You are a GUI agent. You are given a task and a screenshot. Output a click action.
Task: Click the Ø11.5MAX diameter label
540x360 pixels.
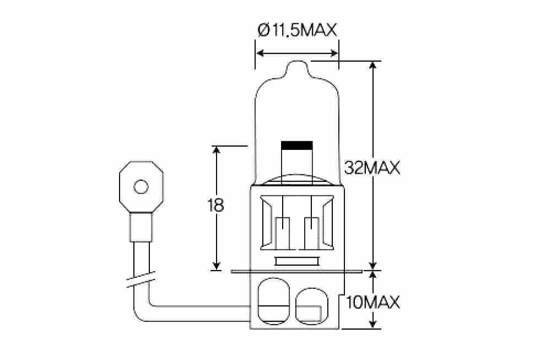296,30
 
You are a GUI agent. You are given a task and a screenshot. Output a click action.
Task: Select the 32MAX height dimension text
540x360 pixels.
371,168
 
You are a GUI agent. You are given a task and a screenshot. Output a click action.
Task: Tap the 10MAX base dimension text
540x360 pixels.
373,302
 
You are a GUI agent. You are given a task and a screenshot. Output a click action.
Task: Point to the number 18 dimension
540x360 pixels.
216,206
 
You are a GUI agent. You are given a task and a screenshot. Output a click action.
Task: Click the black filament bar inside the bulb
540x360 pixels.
296,146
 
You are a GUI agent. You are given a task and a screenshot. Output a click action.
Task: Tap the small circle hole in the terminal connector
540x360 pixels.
141,187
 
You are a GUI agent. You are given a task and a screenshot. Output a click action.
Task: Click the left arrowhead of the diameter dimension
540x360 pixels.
260,53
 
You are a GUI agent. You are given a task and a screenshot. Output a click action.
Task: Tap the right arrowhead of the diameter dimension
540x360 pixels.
334,53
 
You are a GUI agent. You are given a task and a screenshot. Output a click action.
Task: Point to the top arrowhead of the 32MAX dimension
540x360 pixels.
374,65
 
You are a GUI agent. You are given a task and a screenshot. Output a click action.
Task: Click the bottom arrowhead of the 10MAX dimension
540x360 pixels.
374,325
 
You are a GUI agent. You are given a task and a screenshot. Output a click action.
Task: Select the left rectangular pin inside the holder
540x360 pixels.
282,232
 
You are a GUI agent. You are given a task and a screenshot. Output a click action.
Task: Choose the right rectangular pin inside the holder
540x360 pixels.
312,232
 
